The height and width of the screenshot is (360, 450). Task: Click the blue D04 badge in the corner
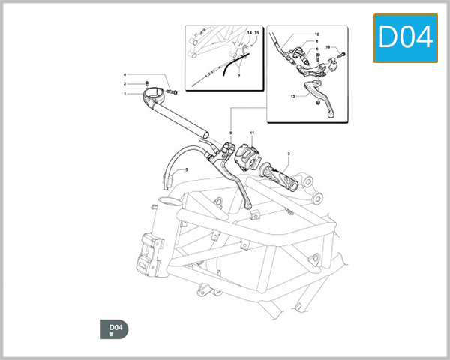pyautogui.click(x=405, y=37)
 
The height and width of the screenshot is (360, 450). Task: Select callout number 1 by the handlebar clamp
pyautogui.click(x=125, y=93)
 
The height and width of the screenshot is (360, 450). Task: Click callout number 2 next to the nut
pyautogui.click(x=125, y=84)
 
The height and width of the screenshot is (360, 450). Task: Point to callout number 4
pyautogui.click(x=125, y=75)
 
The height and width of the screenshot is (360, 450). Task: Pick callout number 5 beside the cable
pyautogui.click(x=187, y=170)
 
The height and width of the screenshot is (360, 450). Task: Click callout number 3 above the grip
pyautogui.click(x=288, y=154)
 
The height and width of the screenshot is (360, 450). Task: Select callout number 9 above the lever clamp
pyautogui.click(x=231, y=133)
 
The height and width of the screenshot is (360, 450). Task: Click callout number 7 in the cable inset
pyautogui.click(x=239, y=76)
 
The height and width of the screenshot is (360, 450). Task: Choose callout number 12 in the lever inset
pyautogui.click(x=316, y=35)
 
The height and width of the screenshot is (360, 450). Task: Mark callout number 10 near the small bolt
pyautogui.click(x=327, y=47)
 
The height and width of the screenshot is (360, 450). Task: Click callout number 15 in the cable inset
pyautogui.click(x=256, y=34)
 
